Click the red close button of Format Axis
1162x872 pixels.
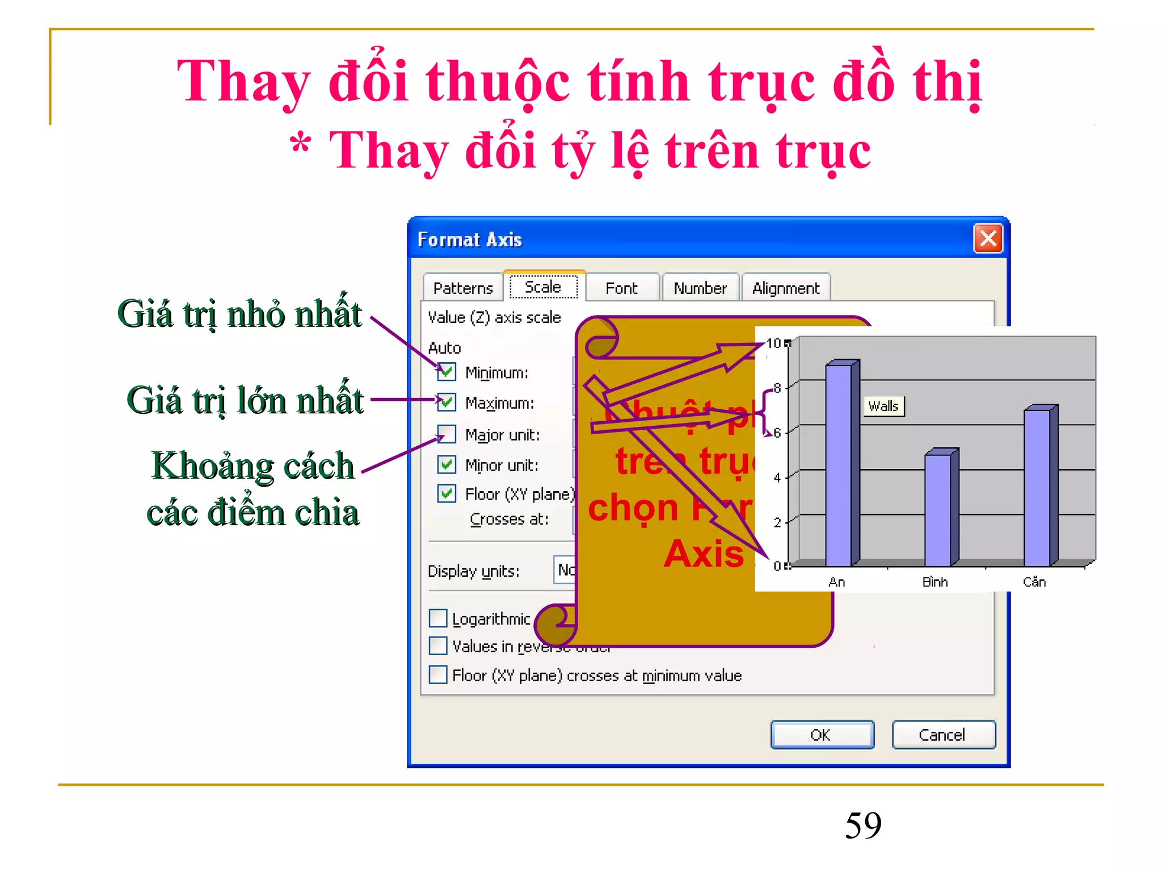(988, 238)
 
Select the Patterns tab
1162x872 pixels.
(462, 288)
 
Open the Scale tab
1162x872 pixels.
(543, 287)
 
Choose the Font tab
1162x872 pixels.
(621, 288)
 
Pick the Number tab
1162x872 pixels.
(700, 288)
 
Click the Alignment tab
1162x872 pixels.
(786, 288)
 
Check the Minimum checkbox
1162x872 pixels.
(447, 372)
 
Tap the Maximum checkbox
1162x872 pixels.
(447, 402)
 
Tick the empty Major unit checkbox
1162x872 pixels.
(447, 434)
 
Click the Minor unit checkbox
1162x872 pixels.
(447, 464)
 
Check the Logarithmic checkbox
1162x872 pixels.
(438, 618)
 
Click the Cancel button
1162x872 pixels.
(942, 735)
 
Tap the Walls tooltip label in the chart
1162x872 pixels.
(883, 406)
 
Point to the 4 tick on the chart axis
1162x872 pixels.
(777, 477)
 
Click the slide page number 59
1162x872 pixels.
(863, 825)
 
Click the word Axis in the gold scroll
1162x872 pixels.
(704, 554)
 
